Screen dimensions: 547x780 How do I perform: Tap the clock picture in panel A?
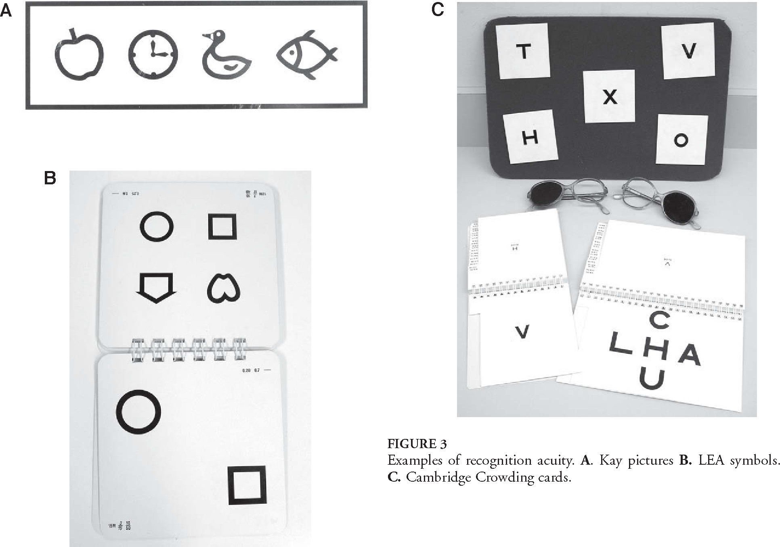pos(153,54)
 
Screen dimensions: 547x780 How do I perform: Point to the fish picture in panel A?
pos(306,54)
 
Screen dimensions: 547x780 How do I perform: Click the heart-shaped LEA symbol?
pos(223,288)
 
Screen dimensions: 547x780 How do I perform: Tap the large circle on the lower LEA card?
pos(138,412)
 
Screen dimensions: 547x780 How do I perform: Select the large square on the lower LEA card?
pos(247,485)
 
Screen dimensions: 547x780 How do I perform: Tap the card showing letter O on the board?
pos(681,140)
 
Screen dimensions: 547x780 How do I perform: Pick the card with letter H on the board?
pos(530,138)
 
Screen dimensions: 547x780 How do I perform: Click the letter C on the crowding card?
pos(660,321)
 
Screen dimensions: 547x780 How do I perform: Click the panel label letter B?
pos(50,178)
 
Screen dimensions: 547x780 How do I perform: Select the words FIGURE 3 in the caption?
pos(417,444)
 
